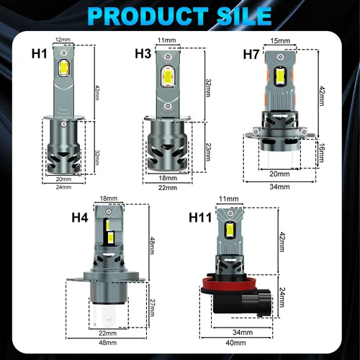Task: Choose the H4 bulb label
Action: [x=80, y=215]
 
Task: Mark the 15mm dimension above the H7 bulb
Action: [x=279, y=41]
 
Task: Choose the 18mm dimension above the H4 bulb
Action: [x=109, y=199]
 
